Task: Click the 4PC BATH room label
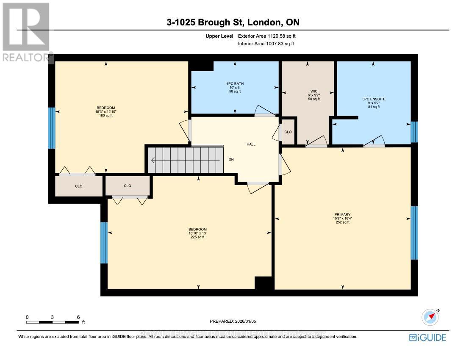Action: coord(234,83)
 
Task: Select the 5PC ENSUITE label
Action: coord(373,99)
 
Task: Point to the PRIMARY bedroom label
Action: coord(342,214)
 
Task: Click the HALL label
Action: coord(251,144)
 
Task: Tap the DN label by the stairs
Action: coord(231,160)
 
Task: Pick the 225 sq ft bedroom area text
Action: coord(197,237)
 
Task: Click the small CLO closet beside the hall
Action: coord(288,132)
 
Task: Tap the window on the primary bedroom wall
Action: coord(414,233)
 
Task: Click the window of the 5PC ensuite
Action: coord(414,132)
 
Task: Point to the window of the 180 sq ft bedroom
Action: coord(51,128)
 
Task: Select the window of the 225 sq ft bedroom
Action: coord(104,242)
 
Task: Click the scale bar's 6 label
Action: coord(78,317)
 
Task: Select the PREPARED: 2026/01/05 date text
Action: coord(233,321)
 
